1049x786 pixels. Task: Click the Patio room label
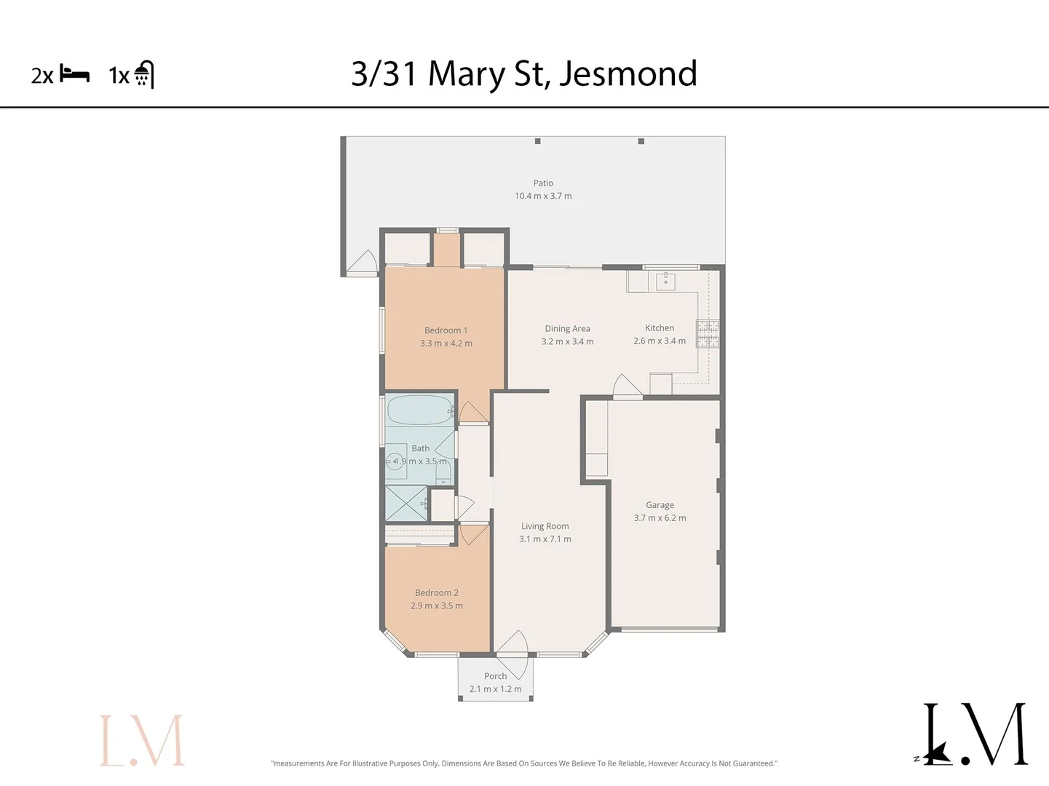543,183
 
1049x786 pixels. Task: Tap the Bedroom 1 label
446,330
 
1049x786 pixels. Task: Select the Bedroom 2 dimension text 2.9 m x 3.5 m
436,606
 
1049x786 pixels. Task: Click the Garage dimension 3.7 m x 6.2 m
660,518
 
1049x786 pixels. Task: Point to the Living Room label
545,526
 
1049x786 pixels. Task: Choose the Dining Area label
567,329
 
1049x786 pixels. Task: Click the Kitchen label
660,328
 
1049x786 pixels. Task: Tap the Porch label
495,676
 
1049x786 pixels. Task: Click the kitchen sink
665,281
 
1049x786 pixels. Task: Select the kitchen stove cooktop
708,333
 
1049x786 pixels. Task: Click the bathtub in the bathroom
419,410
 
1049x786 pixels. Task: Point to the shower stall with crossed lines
405,503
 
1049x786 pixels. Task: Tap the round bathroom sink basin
396,461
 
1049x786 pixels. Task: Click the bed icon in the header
74,74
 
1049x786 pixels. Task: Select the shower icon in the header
144,74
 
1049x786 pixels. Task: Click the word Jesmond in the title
628,74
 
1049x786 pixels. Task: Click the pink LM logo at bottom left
142,740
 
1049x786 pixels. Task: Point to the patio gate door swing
363,263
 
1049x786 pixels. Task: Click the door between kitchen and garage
626,387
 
